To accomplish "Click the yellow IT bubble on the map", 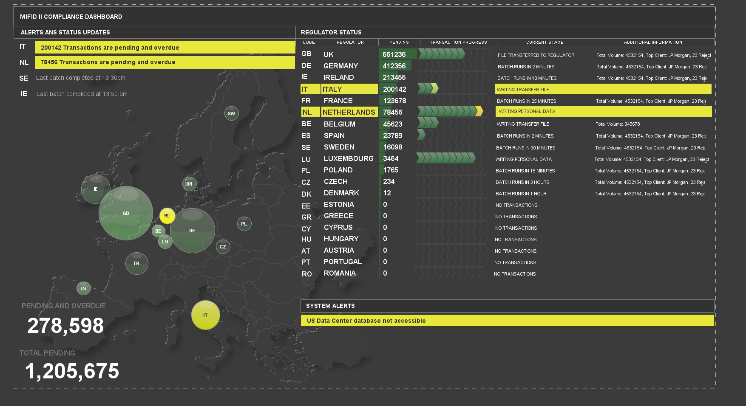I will coord(205,315).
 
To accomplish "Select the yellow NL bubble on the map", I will coord(167,216).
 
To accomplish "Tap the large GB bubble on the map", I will coord(126,213).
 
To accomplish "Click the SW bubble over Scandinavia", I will coord(231,113).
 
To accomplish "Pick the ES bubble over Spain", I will coord(83,288).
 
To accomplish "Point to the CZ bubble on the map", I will coord(223,247).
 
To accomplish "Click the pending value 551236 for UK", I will coord(394,54).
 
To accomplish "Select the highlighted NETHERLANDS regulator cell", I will coord(349,112).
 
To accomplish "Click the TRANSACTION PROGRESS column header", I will coord(458,42).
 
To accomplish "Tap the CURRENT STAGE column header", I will coord(545,42).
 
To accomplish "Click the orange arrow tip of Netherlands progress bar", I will coord(479,112).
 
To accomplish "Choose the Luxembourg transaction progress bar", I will coord(445,158).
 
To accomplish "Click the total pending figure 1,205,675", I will coord(72,371).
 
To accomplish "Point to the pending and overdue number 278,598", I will coord(65,326).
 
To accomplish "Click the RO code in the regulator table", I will coord(306,274).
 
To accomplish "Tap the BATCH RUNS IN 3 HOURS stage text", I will coord(522,182).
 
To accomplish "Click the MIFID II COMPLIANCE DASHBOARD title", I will coord(71,17).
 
